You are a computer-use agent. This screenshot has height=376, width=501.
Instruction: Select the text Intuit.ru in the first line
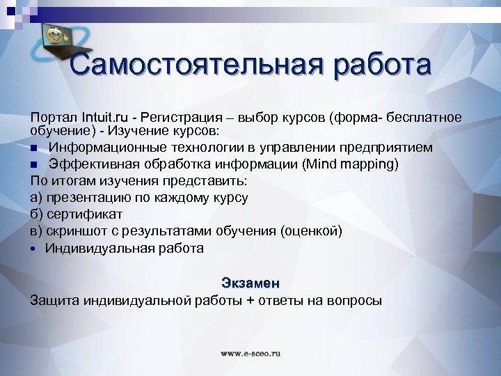[x=104, y=116]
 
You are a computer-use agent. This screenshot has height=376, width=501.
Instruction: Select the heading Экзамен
[x=250, y=283]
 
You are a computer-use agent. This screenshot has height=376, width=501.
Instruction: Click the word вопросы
[x=353, y=300]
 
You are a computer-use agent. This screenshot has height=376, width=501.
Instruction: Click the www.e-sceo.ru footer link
[x=250, y=353]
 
